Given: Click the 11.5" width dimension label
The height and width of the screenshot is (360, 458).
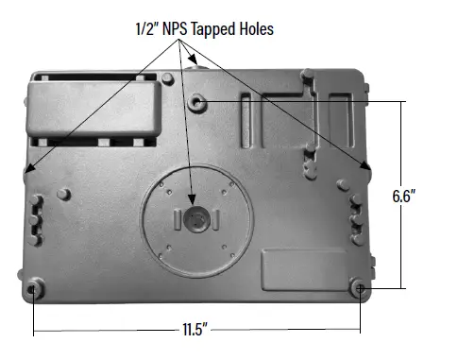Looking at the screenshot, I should [196, 331].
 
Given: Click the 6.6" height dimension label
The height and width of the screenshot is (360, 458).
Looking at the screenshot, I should [405, 197].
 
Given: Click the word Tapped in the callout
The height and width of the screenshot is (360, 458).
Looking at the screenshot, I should [214, 29].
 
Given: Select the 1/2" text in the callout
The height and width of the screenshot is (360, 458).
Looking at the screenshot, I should [147, 29].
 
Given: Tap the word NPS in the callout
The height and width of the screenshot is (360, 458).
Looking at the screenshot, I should [177, 29].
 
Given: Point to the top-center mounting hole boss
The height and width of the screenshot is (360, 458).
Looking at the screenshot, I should [195, 101].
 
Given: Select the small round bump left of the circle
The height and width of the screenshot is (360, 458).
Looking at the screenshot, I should [63, 194].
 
